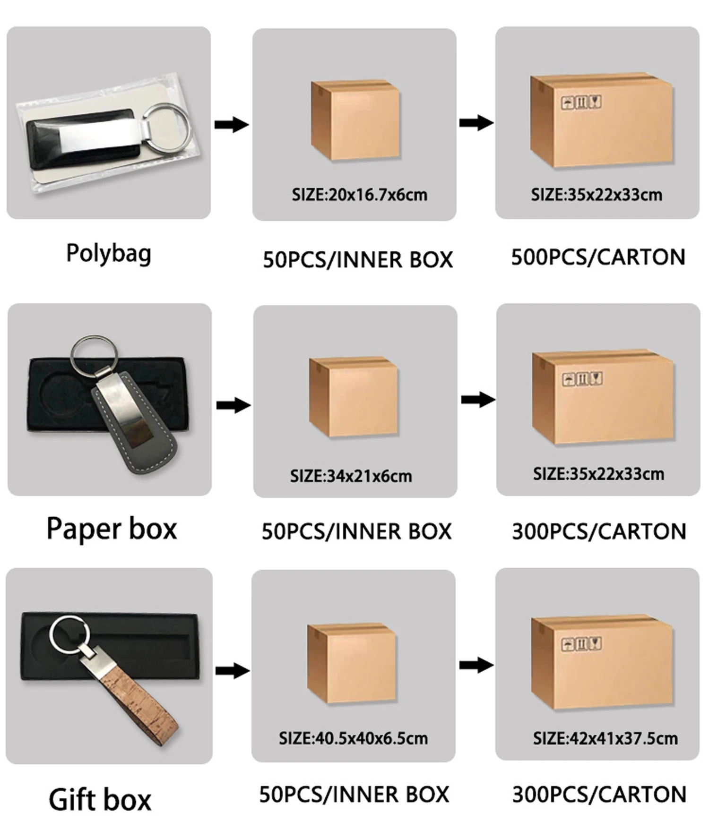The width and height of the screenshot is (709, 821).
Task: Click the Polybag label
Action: [109, 254]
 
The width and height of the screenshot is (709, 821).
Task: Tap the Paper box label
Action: [112, 529]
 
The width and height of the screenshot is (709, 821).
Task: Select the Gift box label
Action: [100, 799]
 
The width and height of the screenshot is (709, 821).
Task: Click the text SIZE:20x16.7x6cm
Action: [359, 195]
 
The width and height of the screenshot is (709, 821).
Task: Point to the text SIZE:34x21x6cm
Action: [351, 476]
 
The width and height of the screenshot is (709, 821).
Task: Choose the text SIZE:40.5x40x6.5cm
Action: [353, 738]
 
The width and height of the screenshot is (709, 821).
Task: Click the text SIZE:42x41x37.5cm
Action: [605, 738]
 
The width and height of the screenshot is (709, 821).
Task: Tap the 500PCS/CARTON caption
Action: [598, 257]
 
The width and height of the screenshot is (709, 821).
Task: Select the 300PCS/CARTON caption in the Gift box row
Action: [599, 795]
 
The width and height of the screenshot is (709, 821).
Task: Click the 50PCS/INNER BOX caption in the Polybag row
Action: [358, 260]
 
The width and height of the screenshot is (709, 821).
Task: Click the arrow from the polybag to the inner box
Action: [231, 125]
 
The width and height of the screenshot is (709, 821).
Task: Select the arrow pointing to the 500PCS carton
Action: [476, 123]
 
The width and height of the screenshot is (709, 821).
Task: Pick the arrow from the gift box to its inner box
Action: [232, 670]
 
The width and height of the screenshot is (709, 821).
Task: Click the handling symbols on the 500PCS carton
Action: [581, 102]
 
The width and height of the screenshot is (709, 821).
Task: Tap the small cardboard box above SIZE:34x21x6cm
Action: [354, 397]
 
